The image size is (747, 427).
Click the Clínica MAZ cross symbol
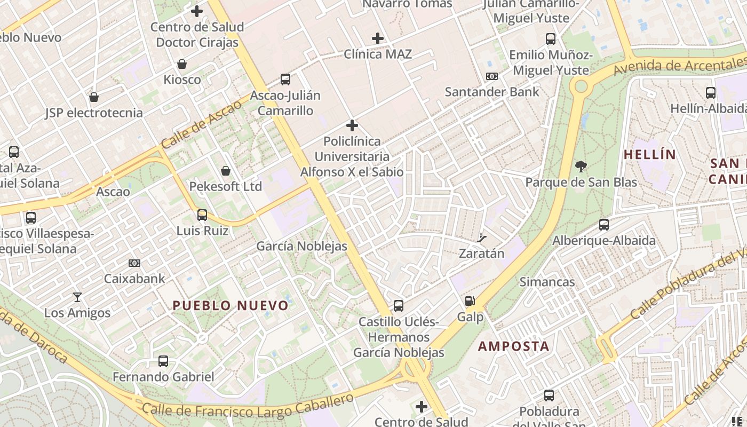378,38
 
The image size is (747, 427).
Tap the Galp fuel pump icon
470,302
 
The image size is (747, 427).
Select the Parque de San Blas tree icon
581,166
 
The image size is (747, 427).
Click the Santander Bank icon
492,76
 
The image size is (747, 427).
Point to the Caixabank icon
134,263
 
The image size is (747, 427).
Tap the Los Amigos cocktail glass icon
77,297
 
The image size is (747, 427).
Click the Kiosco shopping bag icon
182,64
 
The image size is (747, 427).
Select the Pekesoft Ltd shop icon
226,171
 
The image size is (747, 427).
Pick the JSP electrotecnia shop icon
94,97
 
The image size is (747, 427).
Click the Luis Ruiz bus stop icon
202,215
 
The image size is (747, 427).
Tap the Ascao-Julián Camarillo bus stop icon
285,80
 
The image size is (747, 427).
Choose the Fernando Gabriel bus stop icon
163,361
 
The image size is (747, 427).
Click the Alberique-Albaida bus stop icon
604,225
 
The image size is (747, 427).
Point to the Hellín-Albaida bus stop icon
711,93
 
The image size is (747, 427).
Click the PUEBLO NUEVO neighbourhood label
231,306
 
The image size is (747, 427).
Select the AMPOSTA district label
513,346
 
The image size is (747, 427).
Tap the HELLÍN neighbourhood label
649,155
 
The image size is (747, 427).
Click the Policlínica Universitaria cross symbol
352,125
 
